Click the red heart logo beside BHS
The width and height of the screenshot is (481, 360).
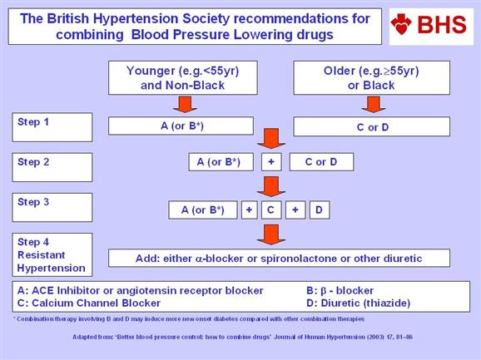[401, 24]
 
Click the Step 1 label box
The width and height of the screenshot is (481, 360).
[52, 127]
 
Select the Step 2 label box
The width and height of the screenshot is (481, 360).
[52, 167]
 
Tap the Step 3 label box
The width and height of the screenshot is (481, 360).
[52, 207]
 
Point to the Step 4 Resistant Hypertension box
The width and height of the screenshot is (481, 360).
[52, 254]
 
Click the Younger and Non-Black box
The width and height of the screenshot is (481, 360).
[183, 77]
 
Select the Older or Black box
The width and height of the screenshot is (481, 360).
[371, 77]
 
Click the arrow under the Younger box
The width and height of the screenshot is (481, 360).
[185, 104]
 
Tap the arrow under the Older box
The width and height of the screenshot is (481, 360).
[374, 104]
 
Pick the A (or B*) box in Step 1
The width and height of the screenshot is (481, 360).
[181, 126]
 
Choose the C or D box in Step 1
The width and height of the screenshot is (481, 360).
[371, 126]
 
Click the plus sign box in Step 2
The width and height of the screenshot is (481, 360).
[271, 162]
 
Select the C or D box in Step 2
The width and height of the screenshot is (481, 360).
[321, 162]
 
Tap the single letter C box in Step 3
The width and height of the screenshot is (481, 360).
[271, 210]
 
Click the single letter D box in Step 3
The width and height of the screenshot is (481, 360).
[320, 210]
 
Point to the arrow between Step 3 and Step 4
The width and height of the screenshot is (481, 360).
[271, 234]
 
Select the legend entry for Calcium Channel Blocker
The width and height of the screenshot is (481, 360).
[89, 303]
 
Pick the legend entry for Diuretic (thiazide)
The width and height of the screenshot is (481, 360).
[359, 303]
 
